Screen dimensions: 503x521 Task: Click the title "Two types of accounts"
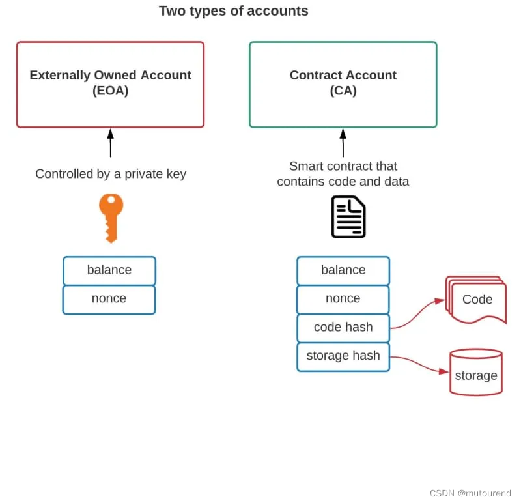pyautogui.click(x=233, y=11)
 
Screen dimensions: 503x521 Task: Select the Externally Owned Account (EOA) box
pyautogui.click(x=110, y=84)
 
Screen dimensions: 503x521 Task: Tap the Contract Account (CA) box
pyautogui.click(x=343, y=84)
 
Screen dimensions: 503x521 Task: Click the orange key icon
pyautogui.click(x=111, y=216)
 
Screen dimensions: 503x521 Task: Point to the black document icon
pyautogui.click(x=348, y=216)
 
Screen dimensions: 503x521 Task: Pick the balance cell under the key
pyautogui.click(x=109, y=270)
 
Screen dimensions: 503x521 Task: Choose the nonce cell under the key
pyautogui.click(x=109, y=299)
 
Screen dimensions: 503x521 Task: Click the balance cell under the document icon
pyautogui.click(x=343, y=270)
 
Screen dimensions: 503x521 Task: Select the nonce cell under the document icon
pyautogui.click(x=343, y=299)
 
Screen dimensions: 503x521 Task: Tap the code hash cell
pyautogui.click(x=343, y=328)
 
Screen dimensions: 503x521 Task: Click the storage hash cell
pyautogui.click(x=343, y=356)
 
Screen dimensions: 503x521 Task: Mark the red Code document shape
pyautogui.click(x=477, y=300)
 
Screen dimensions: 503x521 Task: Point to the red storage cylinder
pyautogui.click(x=476, y=373)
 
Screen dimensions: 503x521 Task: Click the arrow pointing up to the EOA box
pyautogui.click(x=110, y=143)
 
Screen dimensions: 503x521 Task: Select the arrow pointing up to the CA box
pyautogui.click(x=343, y=143)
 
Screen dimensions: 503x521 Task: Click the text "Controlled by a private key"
pyautogui.click(x=111, y=174)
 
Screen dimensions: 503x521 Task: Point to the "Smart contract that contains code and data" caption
pyautogui.click(x=343, y=174)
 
